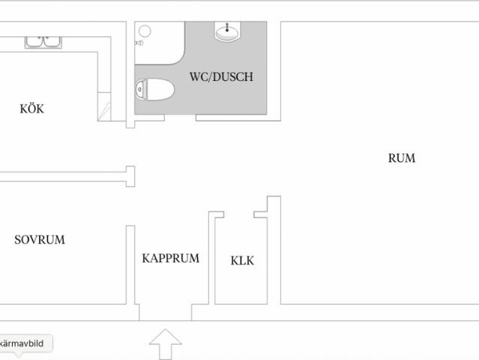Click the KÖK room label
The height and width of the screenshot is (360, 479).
pos(31,109)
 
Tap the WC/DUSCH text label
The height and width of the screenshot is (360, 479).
pos(221,76)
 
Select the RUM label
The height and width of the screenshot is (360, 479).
pos(401,158)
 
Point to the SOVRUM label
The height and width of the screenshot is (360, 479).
pos(40,239)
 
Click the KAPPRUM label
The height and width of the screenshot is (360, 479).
pos(170,258)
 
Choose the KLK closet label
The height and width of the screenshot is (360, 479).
pos(242,261)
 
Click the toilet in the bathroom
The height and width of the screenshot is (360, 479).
pos(154,89)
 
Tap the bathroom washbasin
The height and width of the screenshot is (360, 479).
pos(227,31)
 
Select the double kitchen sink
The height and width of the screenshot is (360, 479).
pos(43,42)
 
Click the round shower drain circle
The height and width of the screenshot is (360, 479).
pos(145,31)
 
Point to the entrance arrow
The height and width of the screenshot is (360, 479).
pos(165,344)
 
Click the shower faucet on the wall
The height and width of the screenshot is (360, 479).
pos(139,43)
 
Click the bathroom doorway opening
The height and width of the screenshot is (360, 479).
pos(180,118)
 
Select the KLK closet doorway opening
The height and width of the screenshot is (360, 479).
pos(239,214)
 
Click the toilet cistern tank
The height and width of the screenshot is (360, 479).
pos(140,89)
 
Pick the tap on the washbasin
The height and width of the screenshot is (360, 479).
pos(227,28)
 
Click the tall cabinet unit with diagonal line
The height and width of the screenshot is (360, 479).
pos(104,106)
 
